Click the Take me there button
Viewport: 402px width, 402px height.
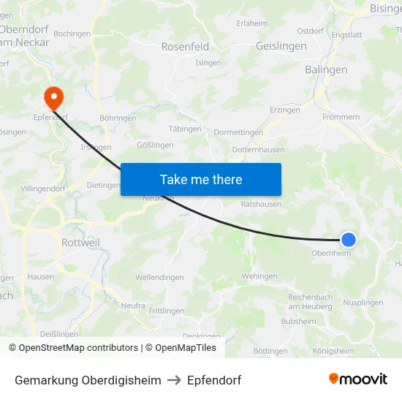coord(201,179)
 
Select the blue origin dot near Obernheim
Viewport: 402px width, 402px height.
coord(349,239)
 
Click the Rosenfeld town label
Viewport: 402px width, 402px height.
coord(185,46)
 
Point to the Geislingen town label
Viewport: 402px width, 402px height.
coord(281,46)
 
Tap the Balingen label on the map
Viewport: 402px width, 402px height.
coord(326,69)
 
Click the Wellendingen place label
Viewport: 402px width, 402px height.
coord(159,278)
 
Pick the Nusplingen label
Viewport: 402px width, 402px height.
coord(363,302)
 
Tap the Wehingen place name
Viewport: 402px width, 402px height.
coord(259,276)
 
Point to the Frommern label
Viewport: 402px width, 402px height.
coord(341,117)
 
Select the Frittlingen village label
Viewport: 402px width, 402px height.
coord(166,311)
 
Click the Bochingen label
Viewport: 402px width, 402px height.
coord(72,34)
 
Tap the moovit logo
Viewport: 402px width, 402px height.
coord(358,379)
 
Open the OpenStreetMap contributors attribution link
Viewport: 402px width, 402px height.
coord(73,348)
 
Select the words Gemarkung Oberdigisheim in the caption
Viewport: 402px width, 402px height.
coord(88,380)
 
